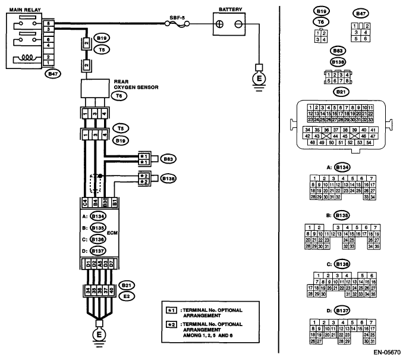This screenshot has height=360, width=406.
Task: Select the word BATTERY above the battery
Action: pyautogui.click(x=230, y=10)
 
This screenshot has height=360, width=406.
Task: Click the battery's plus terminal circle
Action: pyautogui.click(x=219, y=24)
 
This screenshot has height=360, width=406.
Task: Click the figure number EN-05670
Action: pyautogui.click(x=386, y=352)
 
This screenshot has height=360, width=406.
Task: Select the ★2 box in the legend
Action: pyautogui.click(x=172, y=325)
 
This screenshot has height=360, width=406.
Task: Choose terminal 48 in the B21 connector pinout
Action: pyautogui.click(x=312, y=143)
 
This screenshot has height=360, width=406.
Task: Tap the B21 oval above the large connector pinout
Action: pyautogui.click(x=341, y=92)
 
